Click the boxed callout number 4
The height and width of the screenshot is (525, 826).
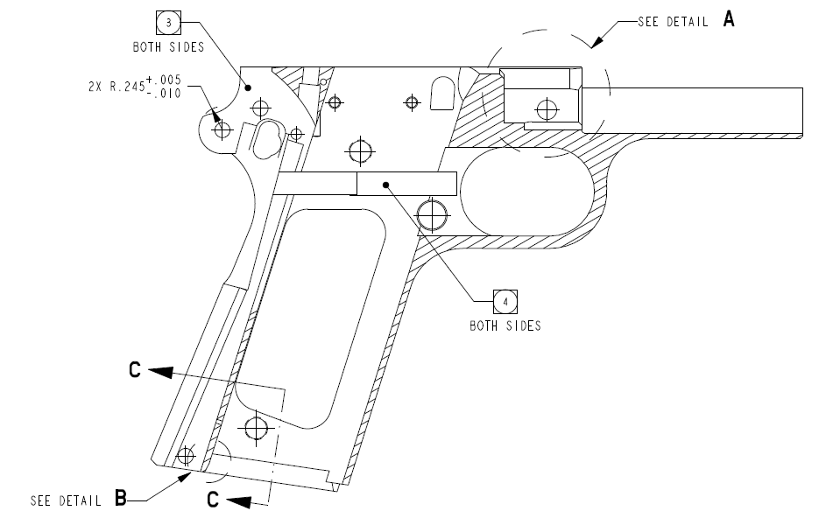[505, 302]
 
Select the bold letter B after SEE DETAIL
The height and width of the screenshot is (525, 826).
[121, 499]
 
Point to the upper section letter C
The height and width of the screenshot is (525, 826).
[134, 370]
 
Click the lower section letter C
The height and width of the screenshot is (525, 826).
[212, 500]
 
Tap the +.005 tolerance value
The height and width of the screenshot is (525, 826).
[167, 80]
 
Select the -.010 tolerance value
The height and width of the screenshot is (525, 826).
[167, 94]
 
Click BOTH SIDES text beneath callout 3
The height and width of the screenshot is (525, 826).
[168, 47]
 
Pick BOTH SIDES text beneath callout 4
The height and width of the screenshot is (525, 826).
[505, 326]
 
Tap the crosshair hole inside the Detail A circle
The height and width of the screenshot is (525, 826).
[547, 109]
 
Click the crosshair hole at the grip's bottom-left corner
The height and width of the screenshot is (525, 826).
[185, 456]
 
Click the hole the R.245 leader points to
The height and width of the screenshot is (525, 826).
[222, 129]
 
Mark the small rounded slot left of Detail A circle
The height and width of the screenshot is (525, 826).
[445, 91]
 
